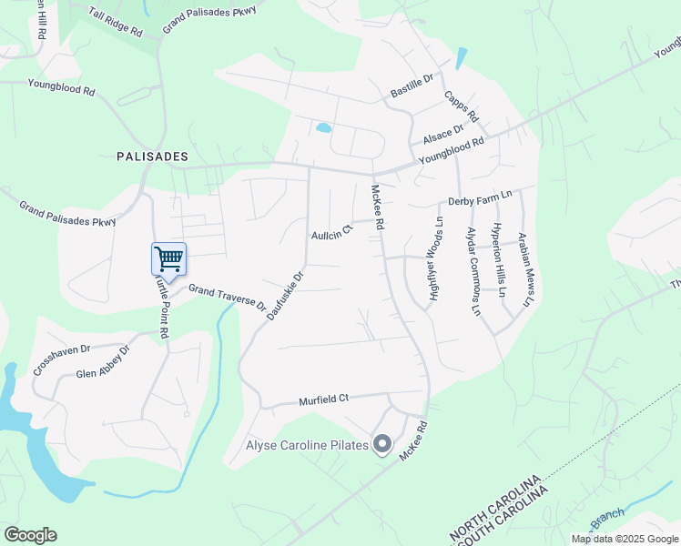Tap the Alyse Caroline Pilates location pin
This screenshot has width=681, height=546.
point(382,445)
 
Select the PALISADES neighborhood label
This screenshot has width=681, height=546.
point(152,157)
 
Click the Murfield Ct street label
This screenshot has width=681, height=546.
point(324,399)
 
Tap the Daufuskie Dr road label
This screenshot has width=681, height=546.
point(285,295)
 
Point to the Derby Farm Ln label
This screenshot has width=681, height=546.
point(480,197)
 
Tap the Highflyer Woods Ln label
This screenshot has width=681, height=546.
point(434,258)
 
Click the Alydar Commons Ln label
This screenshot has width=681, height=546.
point(473,271)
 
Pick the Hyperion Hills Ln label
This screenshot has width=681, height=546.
point(499,261)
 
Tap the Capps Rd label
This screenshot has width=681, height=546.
point(461,106)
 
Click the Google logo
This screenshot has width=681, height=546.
point(30,534)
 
